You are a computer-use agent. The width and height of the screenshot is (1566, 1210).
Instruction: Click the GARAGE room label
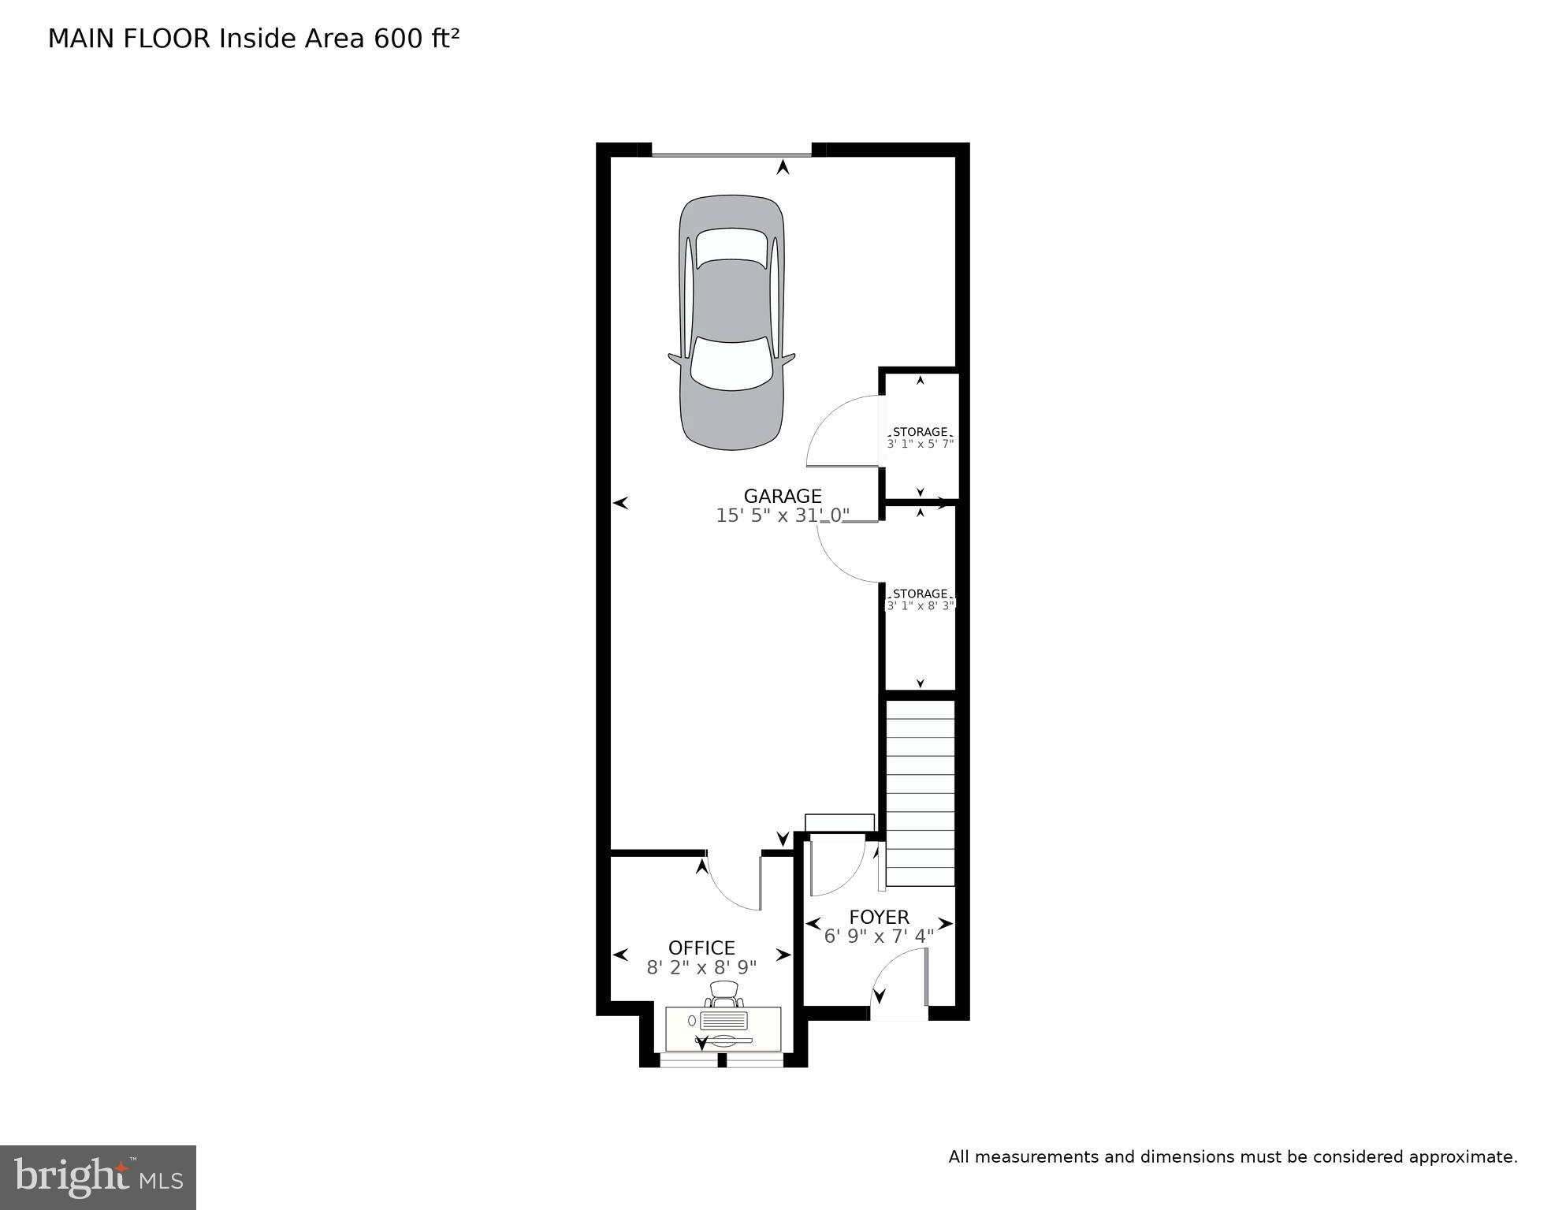(782, 496)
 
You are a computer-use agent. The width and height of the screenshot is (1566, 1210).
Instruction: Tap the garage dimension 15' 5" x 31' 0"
(782, 516)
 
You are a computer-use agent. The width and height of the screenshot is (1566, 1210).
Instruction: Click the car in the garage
(731, 323)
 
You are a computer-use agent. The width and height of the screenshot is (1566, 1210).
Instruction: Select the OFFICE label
(701, 948)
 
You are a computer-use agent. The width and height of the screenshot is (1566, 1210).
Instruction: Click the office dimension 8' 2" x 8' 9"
(701, 967)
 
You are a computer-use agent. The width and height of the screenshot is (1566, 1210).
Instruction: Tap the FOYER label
(879, 917)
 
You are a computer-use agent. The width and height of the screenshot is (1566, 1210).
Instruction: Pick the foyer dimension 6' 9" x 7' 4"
(879, 936)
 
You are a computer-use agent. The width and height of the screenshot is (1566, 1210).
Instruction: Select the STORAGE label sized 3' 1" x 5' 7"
(920, 432)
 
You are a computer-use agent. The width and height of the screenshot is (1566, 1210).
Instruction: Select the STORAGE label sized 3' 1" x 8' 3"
(920, 594)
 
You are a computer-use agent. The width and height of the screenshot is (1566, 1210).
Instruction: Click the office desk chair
(724, 994)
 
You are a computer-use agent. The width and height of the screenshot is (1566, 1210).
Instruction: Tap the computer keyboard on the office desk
(723, 1021)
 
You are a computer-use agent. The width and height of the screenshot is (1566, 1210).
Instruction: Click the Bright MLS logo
(98, 1177)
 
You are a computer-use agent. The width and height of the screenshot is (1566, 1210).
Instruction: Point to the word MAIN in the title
(82, 39)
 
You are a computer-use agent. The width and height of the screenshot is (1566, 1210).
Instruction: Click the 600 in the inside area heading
(399, 39)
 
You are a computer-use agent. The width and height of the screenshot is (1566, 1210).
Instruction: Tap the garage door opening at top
(731, 155)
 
